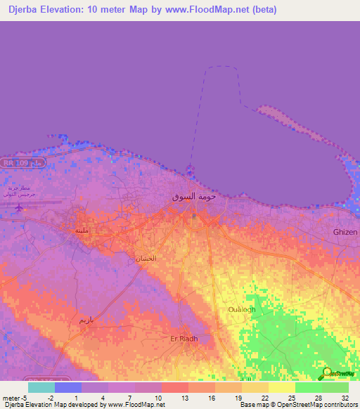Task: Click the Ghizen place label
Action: click(x=345, y=232)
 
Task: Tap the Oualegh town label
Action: click(x=243, y=309)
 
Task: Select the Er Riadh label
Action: click(x=184, y=338)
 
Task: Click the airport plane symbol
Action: click(x=18, y=207)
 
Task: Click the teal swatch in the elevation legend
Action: click(x=41, y=387)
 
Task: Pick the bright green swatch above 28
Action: click(x=309, y=387)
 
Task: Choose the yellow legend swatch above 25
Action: click(x=282, y=387)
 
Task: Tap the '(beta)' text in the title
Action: click(x=263, y=10)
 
